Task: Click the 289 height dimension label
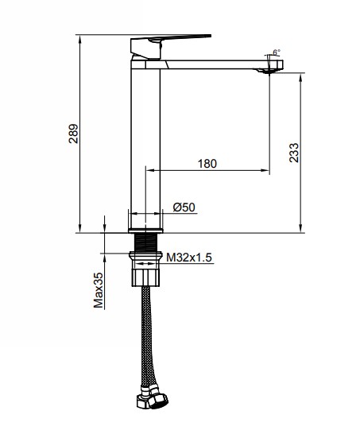[x=73, y=134]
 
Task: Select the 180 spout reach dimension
[x=207, y=164]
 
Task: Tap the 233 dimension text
[x=293, y=153]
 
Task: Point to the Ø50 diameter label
[x=184, y=207]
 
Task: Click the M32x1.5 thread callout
[x=188, y=257]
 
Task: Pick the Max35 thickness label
[x=99, y=290]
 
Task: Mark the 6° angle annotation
[x=276, y=52]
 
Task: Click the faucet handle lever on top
[x=171, y=37]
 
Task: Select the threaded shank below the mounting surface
[x=145, y=242]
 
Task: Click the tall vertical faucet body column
[x=145, y=143]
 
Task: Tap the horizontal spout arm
[x=215, y=66]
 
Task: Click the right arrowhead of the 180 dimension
[x=266, y=169]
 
